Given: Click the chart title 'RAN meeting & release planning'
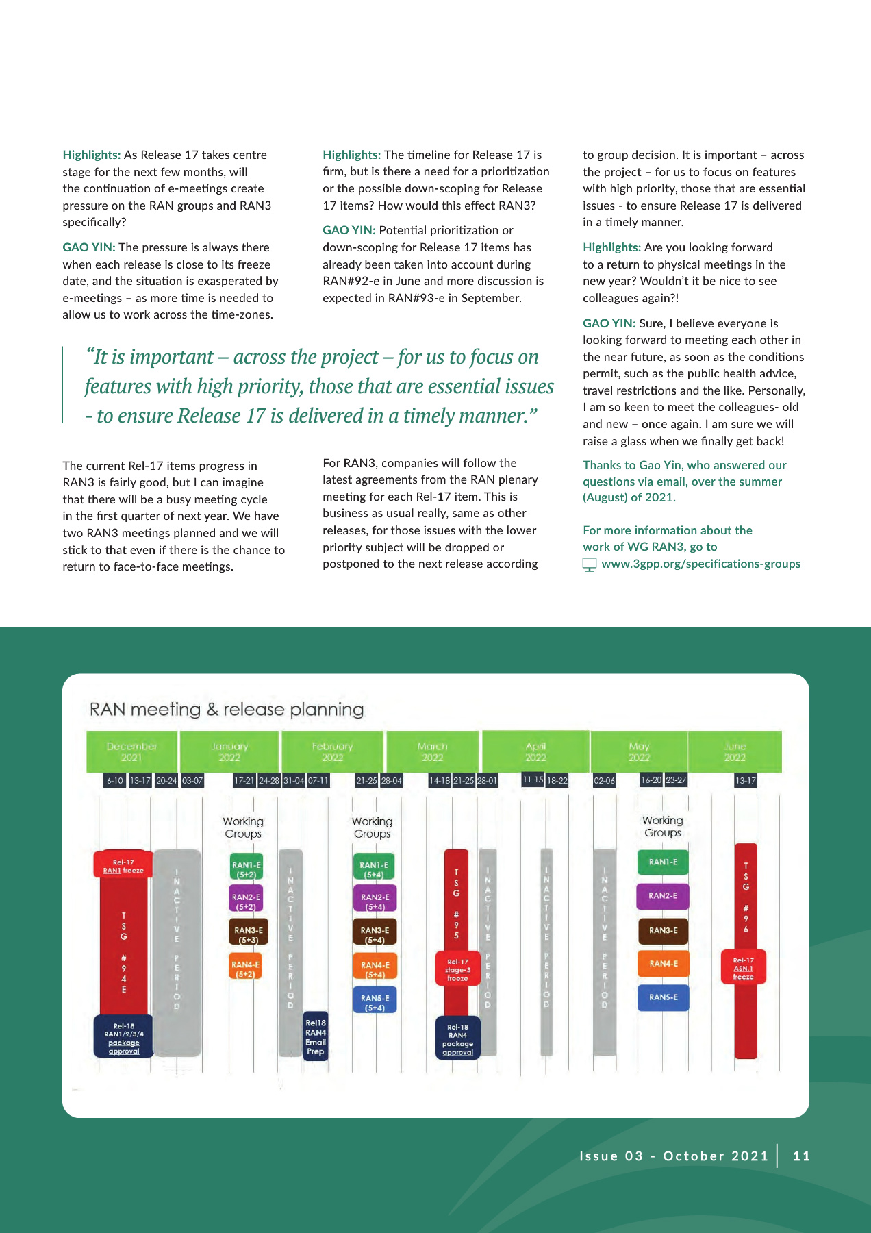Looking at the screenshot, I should tap(227, 710).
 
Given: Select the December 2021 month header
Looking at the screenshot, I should tap(131, 751).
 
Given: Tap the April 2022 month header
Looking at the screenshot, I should tap(535, 751).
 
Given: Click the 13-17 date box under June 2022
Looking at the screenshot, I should tap(745, 780).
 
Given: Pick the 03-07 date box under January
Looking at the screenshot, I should tap(192, 780).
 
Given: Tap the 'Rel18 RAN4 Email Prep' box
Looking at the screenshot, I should tap(316, 1036).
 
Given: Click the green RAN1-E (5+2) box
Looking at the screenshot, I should tap(246, 869).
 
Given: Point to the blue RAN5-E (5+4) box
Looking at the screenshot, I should tap(375, 1002).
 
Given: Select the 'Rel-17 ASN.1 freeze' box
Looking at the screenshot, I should tap(743, 968).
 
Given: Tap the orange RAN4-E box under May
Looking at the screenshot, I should tap(663, 964).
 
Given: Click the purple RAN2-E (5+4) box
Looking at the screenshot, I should tap(375, 901).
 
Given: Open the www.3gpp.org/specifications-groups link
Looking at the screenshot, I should tap(700, 564).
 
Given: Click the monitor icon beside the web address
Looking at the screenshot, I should tap(589, 564).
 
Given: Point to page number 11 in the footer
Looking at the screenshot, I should tap(801, 1156).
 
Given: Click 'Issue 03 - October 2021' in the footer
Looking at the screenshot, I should tap(674, 1156).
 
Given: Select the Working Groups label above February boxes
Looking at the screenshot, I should tap(372, 827).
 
